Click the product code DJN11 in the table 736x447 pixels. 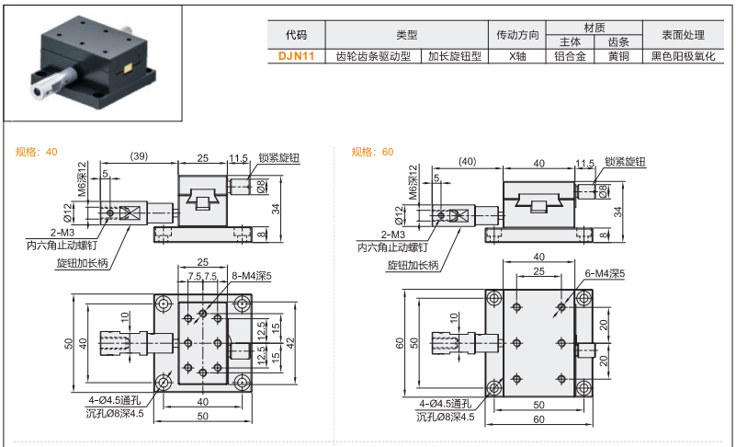[x=296, y=56]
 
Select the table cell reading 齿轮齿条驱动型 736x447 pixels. [x=376, y=56]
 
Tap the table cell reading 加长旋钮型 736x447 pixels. [x=455, y=56]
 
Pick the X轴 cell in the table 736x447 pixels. [x=517, y=56]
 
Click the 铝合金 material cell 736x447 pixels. [x=571, y=56]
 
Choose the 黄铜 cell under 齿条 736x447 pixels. [x=618, y=56]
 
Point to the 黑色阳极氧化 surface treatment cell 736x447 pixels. [x=682, y=56]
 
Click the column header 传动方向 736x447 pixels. [x=517, y=35]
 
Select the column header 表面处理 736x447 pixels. [x=682, y=35]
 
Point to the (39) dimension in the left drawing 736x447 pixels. [x=139, y=157]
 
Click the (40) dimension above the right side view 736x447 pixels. [x=467, y=162]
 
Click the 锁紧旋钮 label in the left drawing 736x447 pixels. [x=279, y=158]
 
